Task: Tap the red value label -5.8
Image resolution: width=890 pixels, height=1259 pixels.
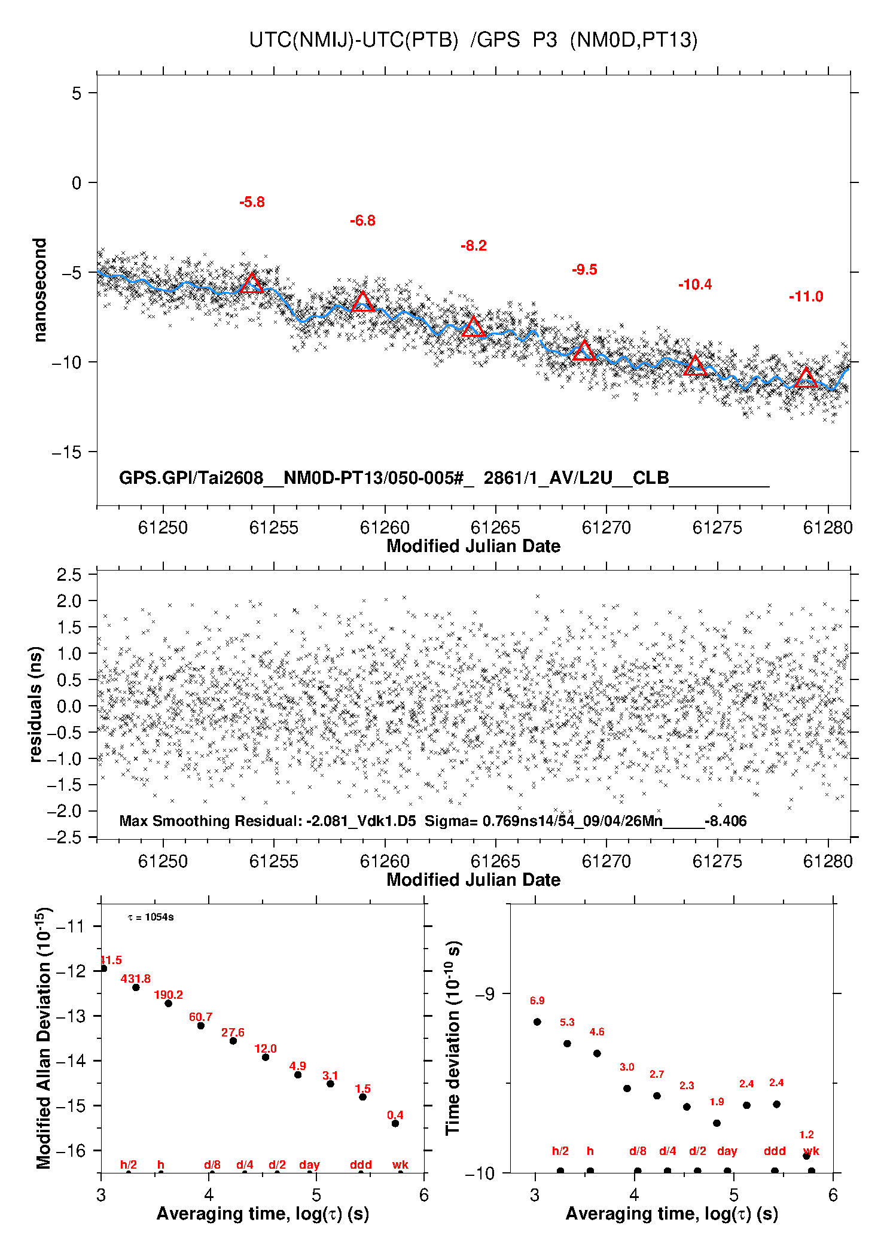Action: tap(252, 202)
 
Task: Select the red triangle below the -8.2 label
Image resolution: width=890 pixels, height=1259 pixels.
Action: tap(474, 327)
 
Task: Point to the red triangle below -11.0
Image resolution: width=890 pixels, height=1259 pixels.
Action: tap(806, 377)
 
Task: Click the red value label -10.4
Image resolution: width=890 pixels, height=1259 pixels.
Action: tap(695, 285)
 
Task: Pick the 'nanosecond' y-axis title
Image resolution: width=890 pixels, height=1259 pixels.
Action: tap(39, 290)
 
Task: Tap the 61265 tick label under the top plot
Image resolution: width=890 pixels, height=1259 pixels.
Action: tap(495, 528)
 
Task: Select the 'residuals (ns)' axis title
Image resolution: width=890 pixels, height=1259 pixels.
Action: tap(36, 705)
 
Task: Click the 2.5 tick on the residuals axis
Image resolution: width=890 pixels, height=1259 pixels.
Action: tap(69, 575)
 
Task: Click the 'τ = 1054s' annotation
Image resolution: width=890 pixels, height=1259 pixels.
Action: tap(151, 917)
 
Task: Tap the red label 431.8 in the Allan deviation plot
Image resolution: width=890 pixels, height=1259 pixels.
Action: tap(136, 978)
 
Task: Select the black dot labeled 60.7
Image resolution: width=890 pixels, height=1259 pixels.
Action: tap(201, 1026)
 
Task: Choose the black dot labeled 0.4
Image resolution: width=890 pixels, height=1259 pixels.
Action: tap(395, 1123)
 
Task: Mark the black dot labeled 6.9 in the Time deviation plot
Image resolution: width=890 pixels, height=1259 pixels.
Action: tap(537, 1022)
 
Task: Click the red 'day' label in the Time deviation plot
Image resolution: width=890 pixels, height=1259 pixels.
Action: tap(727, 1151)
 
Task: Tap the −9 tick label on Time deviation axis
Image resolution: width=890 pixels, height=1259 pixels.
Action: tap(485, 994)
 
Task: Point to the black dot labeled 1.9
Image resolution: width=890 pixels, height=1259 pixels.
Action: tap(717, 1123)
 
